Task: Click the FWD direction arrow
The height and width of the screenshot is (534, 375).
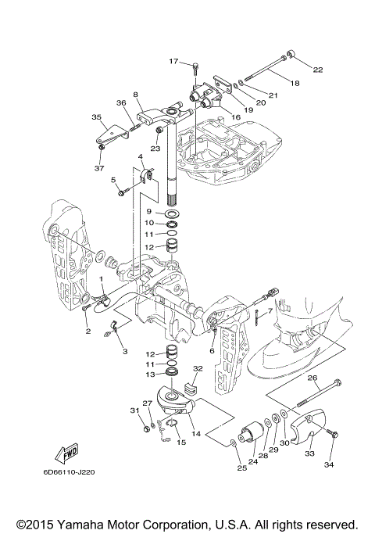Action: pyautogui.click(x=67, y=455)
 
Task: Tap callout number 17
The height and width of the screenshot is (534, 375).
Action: pyautogui.click(x=173, y=61)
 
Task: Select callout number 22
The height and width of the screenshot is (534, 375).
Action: pyautogui.click(x=317, y=70)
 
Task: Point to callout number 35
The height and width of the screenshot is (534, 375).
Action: pyautogui.click(x=97, y=117)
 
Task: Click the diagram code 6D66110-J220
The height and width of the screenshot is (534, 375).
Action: pyautogui.click(x=69, y=472)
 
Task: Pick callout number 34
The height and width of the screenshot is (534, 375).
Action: pyautogui.click(x=329, y=464)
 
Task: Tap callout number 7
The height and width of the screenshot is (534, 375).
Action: pyautogui.click(x=270, y=311)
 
